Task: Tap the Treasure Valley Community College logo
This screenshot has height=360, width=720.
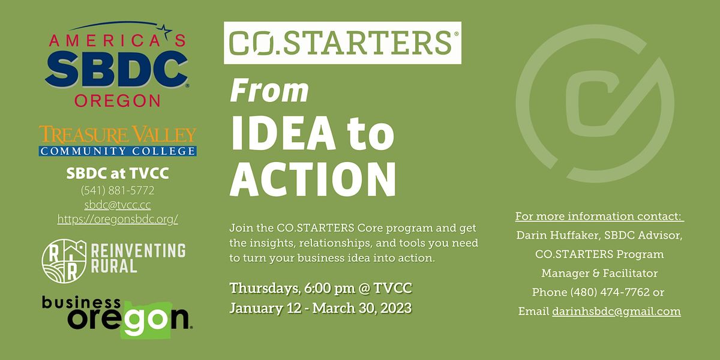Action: tap(118, 141)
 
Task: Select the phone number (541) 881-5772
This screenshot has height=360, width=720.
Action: tap(118, 191)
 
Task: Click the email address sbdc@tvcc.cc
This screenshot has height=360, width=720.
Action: tap(118, 205)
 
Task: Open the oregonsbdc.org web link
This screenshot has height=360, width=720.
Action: tap(118, 220)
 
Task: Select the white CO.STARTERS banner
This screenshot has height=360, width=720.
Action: tap(342, 43)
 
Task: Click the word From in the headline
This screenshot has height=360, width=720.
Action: tap(269, 91)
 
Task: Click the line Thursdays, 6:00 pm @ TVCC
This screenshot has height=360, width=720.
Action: tap(320, 288)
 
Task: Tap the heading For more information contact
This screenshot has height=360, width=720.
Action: tap(599, 216)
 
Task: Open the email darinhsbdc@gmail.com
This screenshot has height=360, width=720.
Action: tap(616, 311)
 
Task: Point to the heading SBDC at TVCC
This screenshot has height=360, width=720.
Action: tap(118, 174)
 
